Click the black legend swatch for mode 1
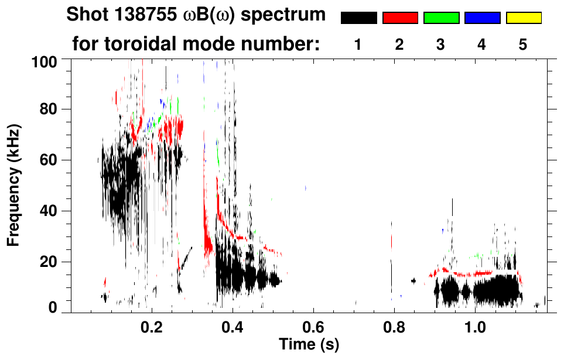coord(359,18)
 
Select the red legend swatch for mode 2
coord(400,18)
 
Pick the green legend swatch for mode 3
coord(441,18)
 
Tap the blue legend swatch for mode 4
coord(482,18)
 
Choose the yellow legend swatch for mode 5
coord(524,18)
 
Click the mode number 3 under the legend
coord(441,45)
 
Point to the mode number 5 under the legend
coord(523,45)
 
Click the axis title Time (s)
coord(308,344)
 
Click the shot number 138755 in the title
coord(142,15)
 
